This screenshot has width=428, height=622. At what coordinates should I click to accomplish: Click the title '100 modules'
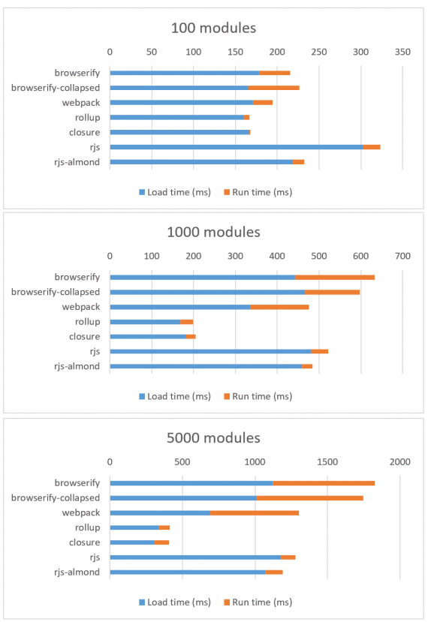coord(213,29)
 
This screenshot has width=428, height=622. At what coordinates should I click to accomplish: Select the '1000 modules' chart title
coord(213,232)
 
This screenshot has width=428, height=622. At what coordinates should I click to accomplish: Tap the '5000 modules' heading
coord(213,437)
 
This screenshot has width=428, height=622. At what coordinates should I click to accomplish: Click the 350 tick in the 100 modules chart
coord(402,52)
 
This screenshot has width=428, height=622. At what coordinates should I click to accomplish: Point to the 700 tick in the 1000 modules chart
coord(402,257)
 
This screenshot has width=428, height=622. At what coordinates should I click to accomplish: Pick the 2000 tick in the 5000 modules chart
coord(399,461)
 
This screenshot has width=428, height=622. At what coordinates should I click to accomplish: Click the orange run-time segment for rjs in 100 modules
coord(372,147)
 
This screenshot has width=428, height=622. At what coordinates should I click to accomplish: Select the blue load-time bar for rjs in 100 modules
coord(236,147)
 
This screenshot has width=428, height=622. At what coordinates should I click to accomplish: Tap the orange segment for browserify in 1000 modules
coord(335,278)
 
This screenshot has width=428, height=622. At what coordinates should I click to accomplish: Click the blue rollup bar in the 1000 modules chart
coord(145,322)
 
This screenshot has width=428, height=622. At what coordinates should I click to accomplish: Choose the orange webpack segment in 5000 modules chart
coord(255,512)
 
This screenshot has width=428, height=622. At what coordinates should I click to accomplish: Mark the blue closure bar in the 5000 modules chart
coord(132,542)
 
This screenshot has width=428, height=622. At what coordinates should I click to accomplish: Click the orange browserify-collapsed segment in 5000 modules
coord(309,497)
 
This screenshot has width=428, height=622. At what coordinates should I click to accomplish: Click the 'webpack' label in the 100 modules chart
coord(81,103)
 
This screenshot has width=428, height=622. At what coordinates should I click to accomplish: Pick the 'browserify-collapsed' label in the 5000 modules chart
coord(56,497)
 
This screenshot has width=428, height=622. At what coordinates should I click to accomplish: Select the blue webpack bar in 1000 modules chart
coord(180,307)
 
